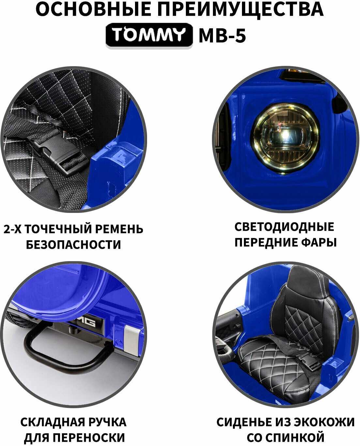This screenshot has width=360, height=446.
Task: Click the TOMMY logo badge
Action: click(x=149, y=35)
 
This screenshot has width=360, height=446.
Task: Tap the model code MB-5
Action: click(x=222, y=36)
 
